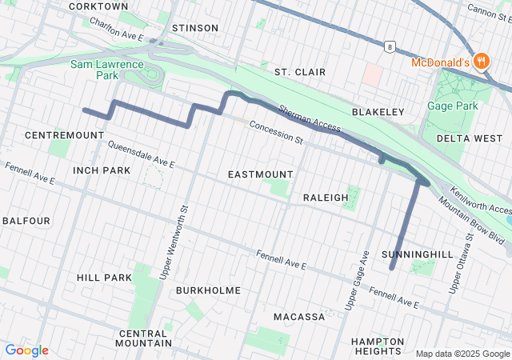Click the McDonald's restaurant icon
tap(481, 61)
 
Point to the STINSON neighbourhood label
tap(194, 28)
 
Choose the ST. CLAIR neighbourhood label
tap(300, 72)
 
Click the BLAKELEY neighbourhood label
tap(378, 112)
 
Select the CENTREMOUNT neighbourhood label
tap(65, 135)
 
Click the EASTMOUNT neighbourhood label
tap(260, 174)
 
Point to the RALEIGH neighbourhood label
tap(326, 197)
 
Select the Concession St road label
tap(276, 132)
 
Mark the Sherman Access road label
tap(310, 120)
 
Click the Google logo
tap(26, 350)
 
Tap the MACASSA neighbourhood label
tap(299, 317)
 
